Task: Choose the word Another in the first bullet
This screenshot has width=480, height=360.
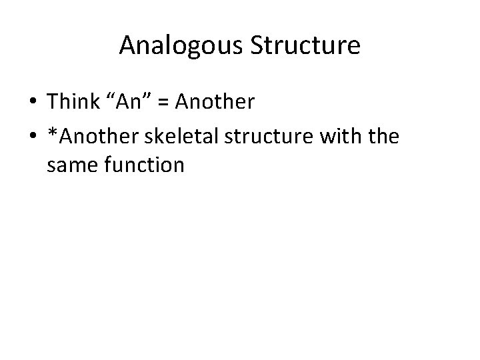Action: coord(217,102)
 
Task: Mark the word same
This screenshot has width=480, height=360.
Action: coord(73,163)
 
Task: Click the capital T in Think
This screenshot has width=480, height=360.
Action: coord(53,102)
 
